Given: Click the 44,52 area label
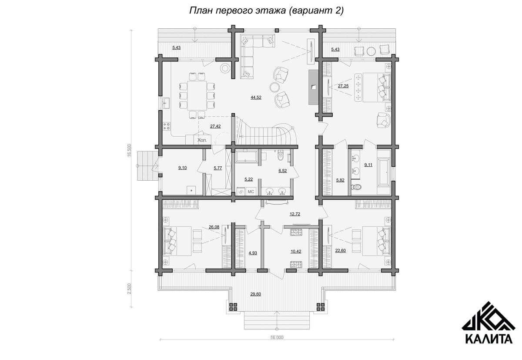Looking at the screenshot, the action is [256, 98].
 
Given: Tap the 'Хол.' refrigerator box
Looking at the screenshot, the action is [202, 140].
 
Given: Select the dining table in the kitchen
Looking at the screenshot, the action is [197, 95].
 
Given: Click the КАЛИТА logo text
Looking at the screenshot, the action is [489, 339].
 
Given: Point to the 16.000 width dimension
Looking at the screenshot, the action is [277, 337].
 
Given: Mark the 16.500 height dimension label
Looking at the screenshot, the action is [129, 151].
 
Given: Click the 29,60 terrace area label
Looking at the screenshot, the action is [256, 294].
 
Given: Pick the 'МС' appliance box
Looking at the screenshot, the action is [251, 192].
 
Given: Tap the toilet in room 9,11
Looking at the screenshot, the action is [356, 187].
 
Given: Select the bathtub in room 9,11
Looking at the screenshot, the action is [384, 172].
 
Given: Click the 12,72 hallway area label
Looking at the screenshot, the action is [295, 214].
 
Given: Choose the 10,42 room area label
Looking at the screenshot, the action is [296, 251].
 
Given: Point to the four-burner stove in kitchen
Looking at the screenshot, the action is [167, 126].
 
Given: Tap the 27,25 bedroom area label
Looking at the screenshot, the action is [343, 86].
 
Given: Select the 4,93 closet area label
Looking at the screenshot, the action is [253, 253].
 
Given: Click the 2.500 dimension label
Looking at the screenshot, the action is [129, 289].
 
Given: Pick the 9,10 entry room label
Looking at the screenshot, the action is [182, 168].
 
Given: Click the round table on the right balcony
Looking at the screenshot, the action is [371, 51].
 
